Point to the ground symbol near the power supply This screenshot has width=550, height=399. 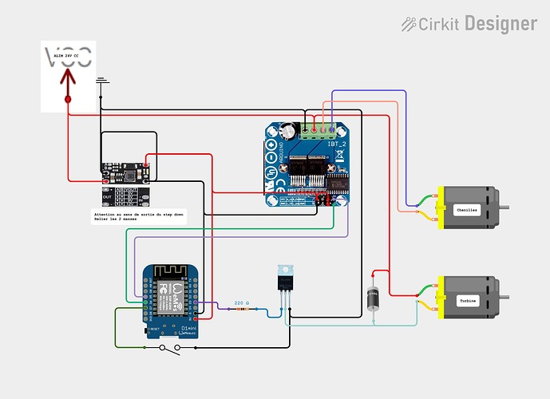tap(101, 81)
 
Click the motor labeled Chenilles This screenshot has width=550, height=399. tap(466, 209)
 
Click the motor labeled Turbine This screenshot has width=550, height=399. tap(466, 300)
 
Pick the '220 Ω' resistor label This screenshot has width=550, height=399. tap(240, 303)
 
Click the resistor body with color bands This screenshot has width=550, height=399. tap(239, 310)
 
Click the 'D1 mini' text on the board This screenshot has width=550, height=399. tap(192, 327)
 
